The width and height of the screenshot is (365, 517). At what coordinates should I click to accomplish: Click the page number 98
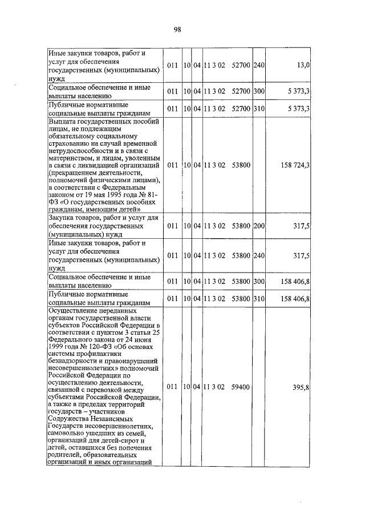tap(177, 30)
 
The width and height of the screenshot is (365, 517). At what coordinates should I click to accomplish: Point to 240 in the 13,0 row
tap(259, 66)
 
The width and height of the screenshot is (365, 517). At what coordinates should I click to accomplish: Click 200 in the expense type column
tap(259, 226)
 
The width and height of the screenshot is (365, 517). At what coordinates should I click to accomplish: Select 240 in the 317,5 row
tap(259, 255)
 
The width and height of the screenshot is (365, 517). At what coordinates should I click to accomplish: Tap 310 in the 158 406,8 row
tap(259, 298)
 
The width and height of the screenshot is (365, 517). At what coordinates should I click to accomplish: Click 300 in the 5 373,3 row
tap(259, 91)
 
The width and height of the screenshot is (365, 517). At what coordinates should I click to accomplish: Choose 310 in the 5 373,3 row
tap(259, 108)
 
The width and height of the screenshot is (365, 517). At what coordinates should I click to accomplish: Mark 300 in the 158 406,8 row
tap(259, 281)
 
